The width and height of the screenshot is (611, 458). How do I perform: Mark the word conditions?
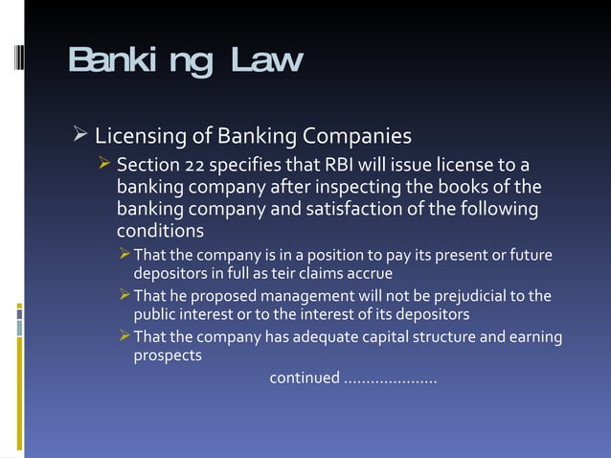(x=160, y=231)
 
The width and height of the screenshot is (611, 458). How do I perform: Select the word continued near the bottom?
(x=304, y=378)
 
